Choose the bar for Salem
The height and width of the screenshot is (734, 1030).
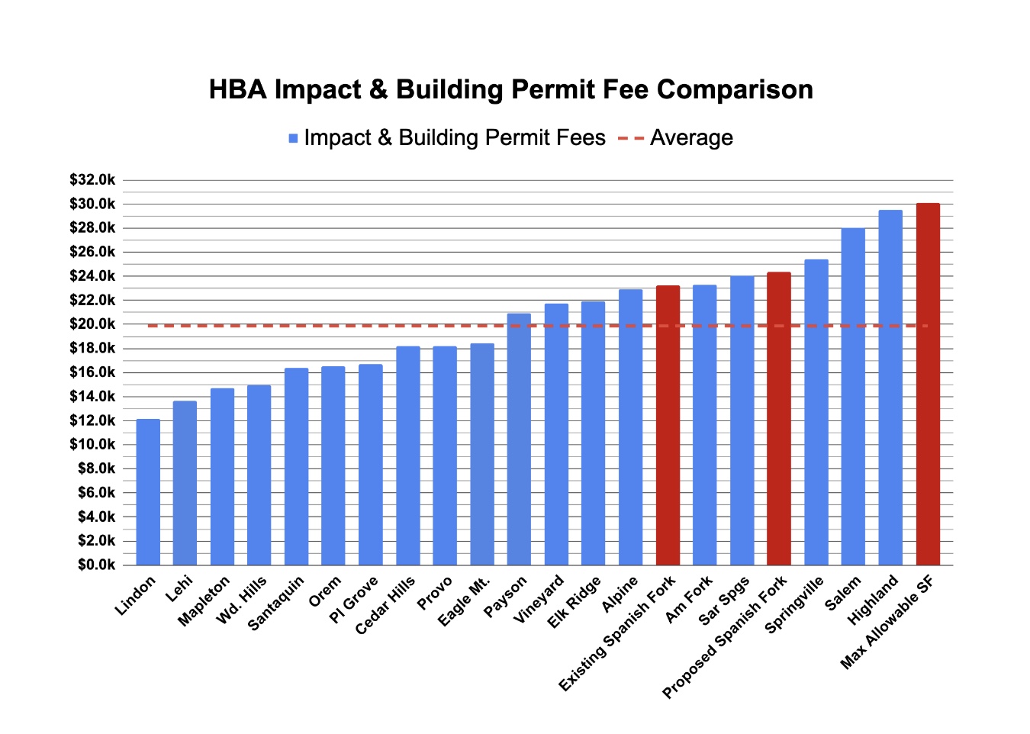[x=853, y=396]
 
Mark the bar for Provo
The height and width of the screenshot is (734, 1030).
[x=445, y=456]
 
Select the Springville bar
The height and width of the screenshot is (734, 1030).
[x=816, y=412]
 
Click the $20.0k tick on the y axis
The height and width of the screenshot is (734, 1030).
[x=92, y=324]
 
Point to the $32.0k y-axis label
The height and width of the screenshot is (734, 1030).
[x=92, y=180]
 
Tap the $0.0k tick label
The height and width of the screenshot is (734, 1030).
[x=95, y=565]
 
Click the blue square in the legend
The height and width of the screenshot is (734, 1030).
[x=293, y=138]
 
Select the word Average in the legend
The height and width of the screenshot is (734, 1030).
[x=691, y=138]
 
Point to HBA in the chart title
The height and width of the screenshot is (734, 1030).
[x=237, y=89]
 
